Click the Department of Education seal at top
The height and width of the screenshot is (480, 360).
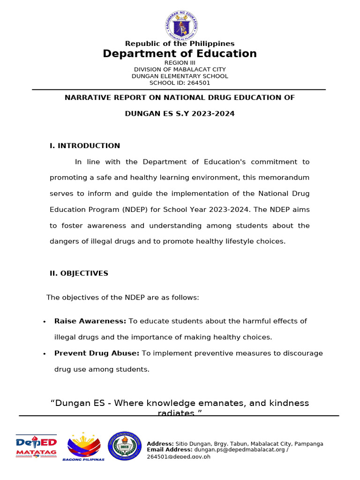click(x=181, y=25)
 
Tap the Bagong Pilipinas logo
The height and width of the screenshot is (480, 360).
click(x=84, y=447)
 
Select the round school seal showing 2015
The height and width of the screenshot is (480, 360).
click(x=124, y=446)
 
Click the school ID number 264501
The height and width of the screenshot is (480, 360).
click(x=200, y=83)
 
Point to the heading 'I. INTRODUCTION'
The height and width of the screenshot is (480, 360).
click(x=85, y=146)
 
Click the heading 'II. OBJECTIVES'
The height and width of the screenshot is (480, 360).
click(x=79, y=273)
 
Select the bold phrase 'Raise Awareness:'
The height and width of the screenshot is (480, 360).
click(x=90, y=321)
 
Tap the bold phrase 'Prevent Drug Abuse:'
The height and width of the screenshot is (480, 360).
click(x=97, y=353)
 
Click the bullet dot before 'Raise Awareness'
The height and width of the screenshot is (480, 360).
click(x=44, y=322)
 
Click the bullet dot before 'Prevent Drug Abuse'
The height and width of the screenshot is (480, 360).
click(x=44, y=354)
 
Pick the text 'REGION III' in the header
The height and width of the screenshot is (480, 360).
click(x=180, y=62)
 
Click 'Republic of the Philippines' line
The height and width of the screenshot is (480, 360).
click(x=180, y=44)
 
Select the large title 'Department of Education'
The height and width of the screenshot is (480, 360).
click(x=180, y=53)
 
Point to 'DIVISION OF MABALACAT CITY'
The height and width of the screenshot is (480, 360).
click(x=180, y=69)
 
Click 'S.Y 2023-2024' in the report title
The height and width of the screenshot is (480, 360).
click(x=207, y=113)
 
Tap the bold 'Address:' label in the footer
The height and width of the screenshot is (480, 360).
click(x=160, y=443)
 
